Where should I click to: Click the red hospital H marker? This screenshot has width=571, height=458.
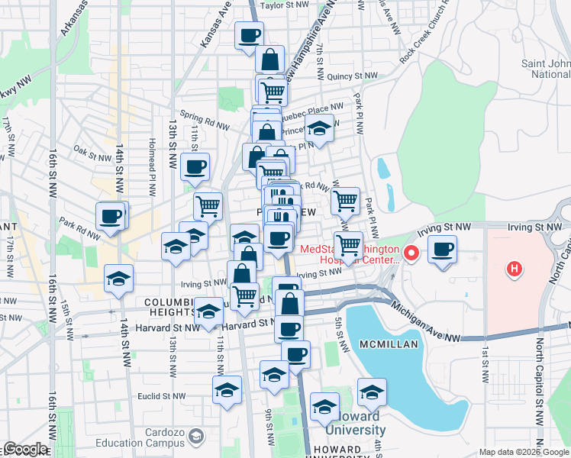(515, 269)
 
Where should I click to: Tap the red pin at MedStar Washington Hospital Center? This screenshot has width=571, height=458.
(412, 253)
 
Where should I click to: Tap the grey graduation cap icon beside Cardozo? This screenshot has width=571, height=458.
(196, 437)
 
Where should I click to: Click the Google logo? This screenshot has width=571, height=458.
(24, 450)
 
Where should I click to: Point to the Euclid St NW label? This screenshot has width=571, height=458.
(163, 395)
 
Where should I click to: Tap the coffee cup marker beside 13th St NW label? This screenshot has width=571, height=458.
(195, 166)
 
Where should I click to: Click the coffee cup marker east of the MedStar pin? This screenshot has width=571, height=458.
(442, 249)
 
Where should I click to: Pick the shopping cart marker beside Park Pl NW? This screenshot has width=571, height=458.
(346, 201)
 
